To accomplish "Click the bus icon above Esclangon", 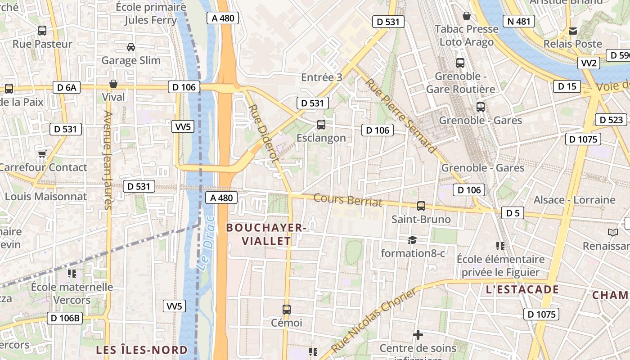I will pyautogui.click(x=321, y=124).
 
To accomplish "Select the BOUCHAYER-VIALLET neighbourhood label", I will pyautogui.click(x=266, y=234).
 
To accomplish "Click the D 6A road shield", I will pyautogui.click(x=67, y=87).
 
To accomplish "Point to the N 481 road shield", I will pyautogui.click(x=518, y=21).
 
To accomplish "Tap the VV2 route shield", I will pyautogui.click(x=589, y=63).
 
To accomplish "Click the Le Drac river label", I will pyautogui.click(x=206, y=243).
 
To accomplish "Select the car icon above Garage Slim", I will pyautogui.click(x=130, y=47).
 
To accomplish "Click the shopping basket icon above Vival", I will pyautogui.click(x=113, y=84).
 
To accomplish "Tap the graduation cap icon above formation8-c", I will pyautogui.click(x=412, y=240).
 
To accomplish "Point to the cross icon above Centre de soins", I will pyautogui.click(x=418, y=335).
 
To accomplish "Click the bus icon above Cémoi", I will pyautogui.click(x=286, y=309).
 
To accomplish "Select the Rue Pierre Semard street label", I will pyautogui.click(x=400, y=116).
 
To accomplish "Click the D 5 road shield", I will pyautogui.click(x=513, y=213).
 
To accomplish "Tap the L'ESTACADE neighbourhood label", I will pyautogui.click(x=522, y=289).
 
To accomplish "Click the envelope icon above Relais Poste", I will pyautogui.click(x=572, y=31).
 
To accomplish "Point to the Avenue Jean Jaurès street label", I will pyautogui.click(x=107, y=160).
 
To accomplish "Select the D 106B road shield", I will pyautogui.click(x=65, y=318).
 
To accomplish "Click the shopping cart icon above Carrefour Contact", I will pyautogui.click(x=42, y=154).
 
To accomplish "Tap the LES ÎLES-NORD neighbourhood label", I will pyautogui.click(x=142, y=350).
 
